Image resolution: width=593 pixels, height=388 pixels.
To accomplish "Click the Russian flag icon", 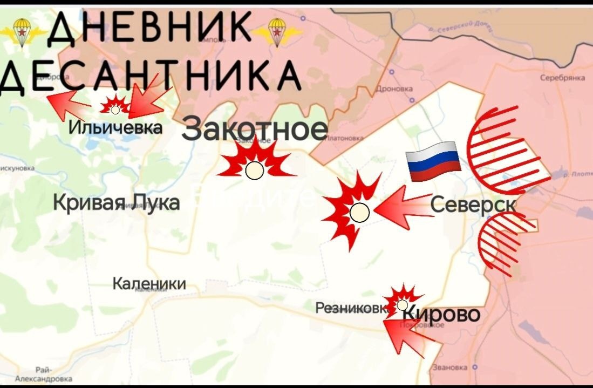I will coord(433,162).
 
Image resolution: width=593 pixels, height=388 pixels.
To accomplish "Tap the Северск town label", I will coord(473,205).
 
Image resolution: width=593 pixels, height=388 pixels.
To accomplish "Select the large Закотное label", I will coord(255,130).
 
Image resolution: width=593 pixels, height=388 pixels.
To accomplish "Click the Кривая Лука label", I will coord(117,203).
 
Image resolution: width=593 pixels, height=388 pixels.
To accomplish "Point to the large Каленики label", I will coord(149,283).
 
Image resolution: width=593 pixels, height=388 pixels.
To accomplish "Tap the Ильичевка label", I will coord(115,128).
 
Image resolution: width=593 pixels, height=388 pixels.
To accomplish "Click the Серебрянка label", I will coord(562,78).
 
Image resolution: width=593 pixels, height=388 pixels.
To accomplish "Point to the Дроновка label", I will coord(396,89).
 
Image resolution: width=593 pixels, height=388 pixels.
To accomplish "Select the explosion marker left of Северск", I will coord(357,212).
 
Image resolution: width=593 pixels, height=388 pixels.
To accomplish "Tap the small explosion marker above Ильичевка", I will coord(114,106).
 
